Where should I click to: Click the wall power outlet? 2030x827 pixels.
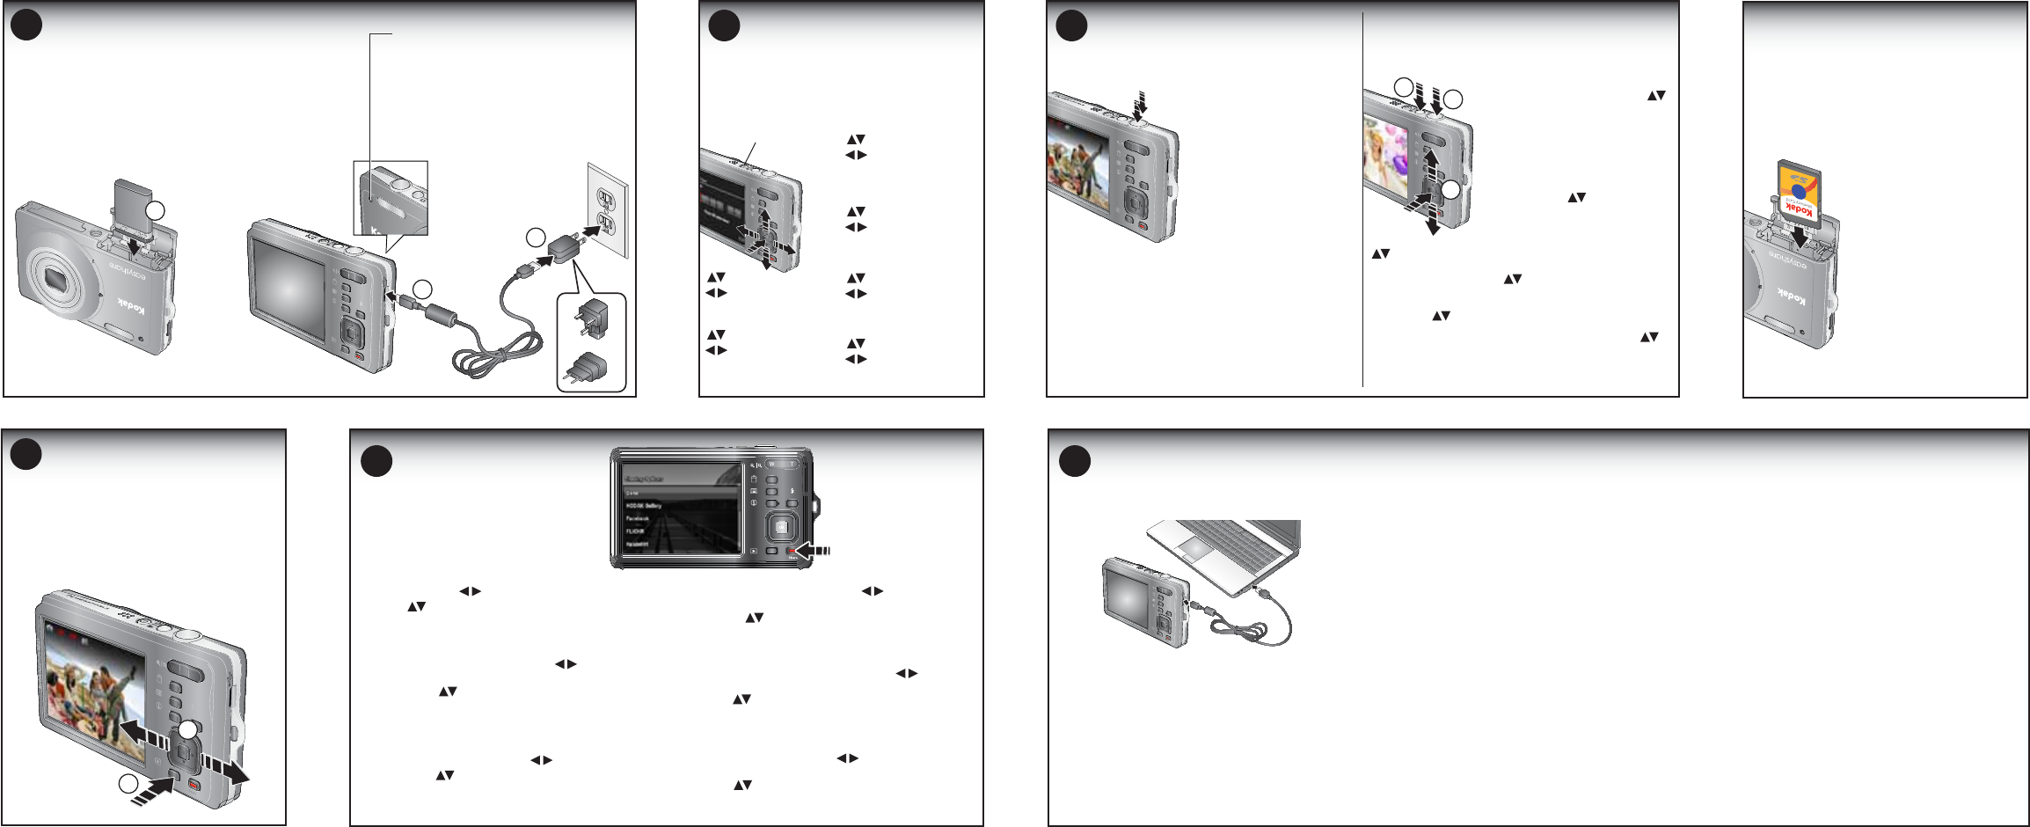(608, 210)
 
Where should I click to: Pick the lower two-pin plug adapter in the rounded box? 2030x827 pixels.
(589, 368)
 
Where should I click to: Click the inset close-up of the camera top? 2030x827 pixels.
(391, 198)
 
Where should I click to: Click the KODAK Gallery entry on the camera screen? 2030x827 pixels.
(644, 506)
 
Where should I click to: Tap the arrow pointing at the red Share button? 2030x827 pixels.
(813, 551)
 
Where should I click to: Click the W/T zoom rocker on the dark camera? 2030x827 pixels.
(780, 464)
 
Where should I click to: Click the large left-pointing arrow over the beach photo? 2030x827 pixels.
(141, 733)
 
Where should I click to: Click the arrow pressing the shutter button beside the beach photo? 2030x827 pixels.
(1140, 105)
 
